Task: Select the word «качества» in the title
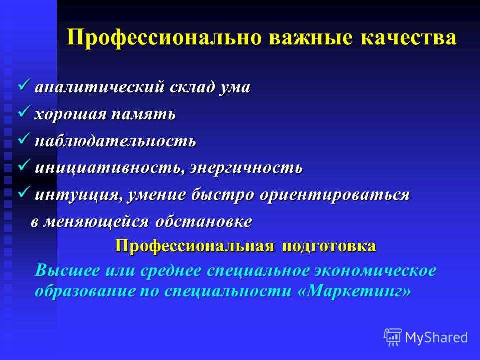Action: point(409,38)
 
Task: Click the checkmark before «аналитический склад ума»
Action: point(24,85)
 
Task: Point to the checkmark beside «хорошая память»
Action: point(24,111)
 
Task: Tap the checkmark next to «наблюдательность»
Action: point(24,138)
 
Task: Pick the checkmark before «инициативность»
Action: point(24,165)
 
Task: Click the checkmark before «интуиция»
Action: point(24,192)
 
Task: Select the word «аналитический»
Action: point(100,87)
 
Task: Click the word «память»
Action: point(143,114)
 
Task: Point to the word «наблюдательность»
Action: point(115,141)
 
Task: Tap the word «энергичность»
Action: point(246,168)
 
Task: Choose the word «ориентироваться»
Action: point(335,195)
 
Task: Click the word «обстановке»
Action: point(204,221)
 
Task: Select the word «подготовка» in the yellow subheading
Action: point(329,246)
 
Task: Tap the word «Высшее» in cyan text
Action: point(67,270)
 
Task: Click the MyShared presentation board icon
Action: point(393,337)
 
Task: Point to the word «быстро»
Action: point(222,195)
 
